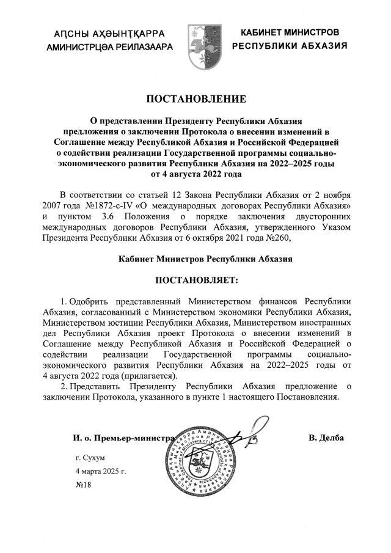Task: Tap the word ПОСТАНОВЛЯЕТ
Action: point(195,280)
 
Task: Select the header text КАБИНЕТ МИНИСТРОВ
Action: point(290,32)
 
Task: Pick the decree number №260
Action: point(279,238)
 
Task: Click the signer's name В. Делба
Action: point(326,438)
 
